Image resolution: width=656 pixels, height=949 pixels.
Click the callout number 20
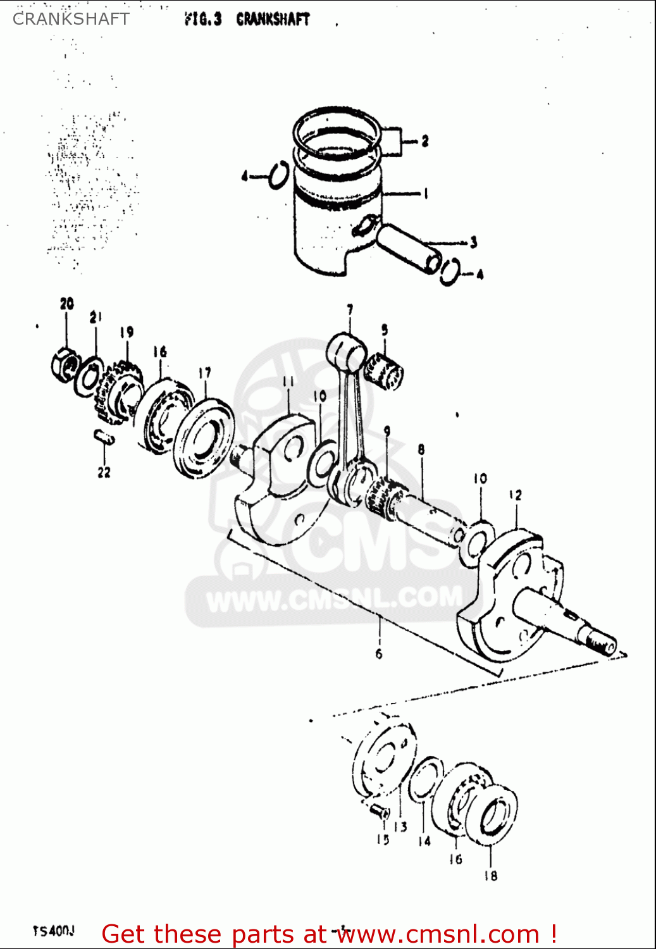tap(67, 304)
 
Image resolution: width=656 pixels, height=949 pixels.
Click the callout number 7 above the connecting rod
tap(350, 310)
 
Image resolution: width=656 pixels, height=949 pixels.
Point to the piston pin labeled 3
tap(407, 248)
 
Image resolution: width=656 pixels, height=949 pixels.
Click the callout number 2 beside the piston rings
tap(424, 141)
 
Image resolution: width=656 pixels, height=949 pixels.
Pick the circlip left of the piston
tap(278, 175)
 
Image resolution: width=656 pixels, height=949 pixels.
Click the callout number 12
tap(516, 495)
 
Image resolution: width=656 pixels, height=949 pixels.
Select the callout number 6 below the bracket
tap(378, 654)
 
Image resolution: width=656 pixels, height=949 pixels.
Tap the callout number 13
tap(400, 827)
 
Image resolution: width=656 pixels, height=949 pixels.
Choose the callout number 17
tap(204, 373)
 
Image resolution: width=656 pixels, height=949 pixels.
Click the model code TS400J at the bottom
tap(54, 931)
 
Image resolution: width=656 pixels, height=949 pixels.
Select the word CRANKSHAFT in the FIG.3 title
tap(273, 20)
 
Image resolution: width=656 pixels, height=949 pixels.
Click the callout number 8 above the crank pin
tap(421, 450)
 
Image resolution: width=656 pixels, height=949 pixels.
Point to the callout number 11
tap(288, 381)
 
